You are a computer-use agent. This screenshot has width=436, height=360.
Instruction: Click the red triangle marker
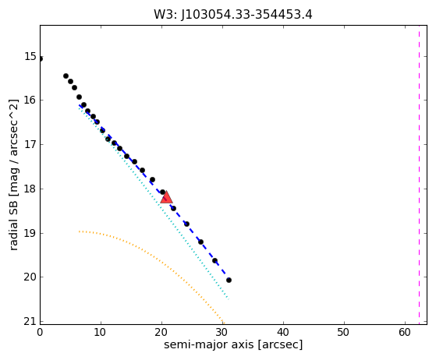tap(167, 197)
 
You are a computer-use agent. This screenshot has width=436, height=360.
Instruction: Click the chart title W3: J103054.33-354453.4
tap(233, 15)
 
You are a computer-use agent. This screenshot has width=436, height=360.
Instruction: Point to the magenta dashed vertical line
tap(419, 175)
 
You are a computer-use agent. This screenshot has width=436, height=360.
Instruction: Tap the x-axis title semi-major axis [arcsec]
tap(233, 344)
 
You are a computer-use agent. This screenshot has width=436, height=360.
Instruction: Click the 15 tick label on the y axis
tap(30, 56)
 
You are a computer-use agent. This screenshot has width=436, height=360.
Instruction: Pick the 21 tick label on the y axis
tap(30, 321)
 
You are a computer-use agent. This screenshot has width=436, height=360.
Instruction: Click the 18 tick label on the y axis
tap(30, 189)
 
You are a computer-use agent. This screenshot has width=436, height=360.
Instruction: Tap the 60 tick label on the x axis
tap(405, 332)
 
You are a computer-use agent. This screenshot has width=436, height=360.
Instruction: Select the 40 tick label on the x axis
tap(283, 332)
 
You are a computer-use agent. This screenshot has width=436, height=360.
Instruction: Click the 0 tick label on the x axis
tap(40, 332)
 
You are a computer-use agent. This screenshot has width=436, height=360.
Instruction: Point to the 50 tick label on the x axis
tap(344, 332)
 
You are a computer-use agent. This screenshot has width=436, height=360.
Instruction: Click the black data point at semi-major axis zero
tap(41, 58)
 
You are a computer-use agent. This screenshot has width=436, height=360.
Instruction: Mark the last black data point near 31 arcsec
tap(229, 280)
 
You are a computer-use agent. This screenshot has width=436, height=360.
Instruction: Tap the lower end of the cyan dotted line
tap(229, 299)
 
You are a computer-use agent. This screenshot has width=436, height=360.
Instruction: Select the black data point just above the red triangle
tap(163, 192)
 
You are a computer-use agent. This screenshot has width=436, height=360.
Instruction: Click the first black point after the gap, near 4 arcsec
tap(66, 76)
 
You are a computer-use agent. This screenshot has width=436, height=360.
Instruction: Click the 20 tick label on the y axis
tap(30, 277)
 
